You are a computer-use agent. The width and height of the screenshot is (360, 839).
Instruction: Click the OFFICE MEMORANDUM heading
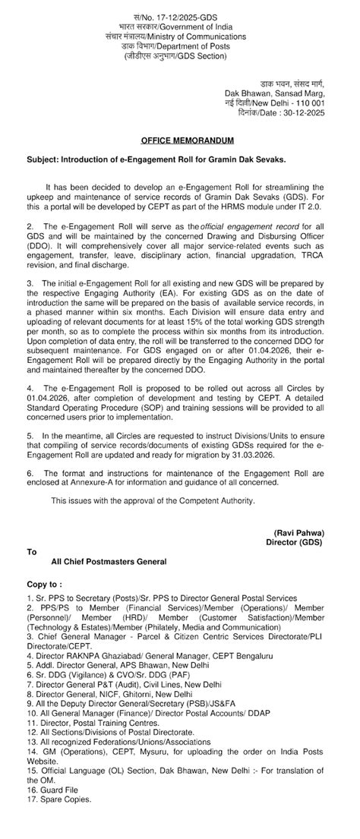(x=179, y=141)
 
